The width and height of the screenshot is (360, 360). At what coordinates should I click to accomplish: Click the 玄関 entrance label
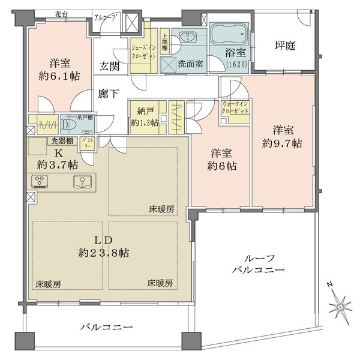point(109,67)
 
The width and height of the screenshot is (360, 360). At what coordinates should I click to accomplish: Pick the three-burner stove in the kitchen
point(41,182)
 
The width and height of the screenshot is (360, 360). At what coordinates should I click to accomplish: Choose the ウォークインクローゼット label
point(233,107)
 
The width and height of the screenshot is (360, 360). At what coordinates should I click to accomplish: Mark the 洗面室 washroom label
point(188,62)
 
